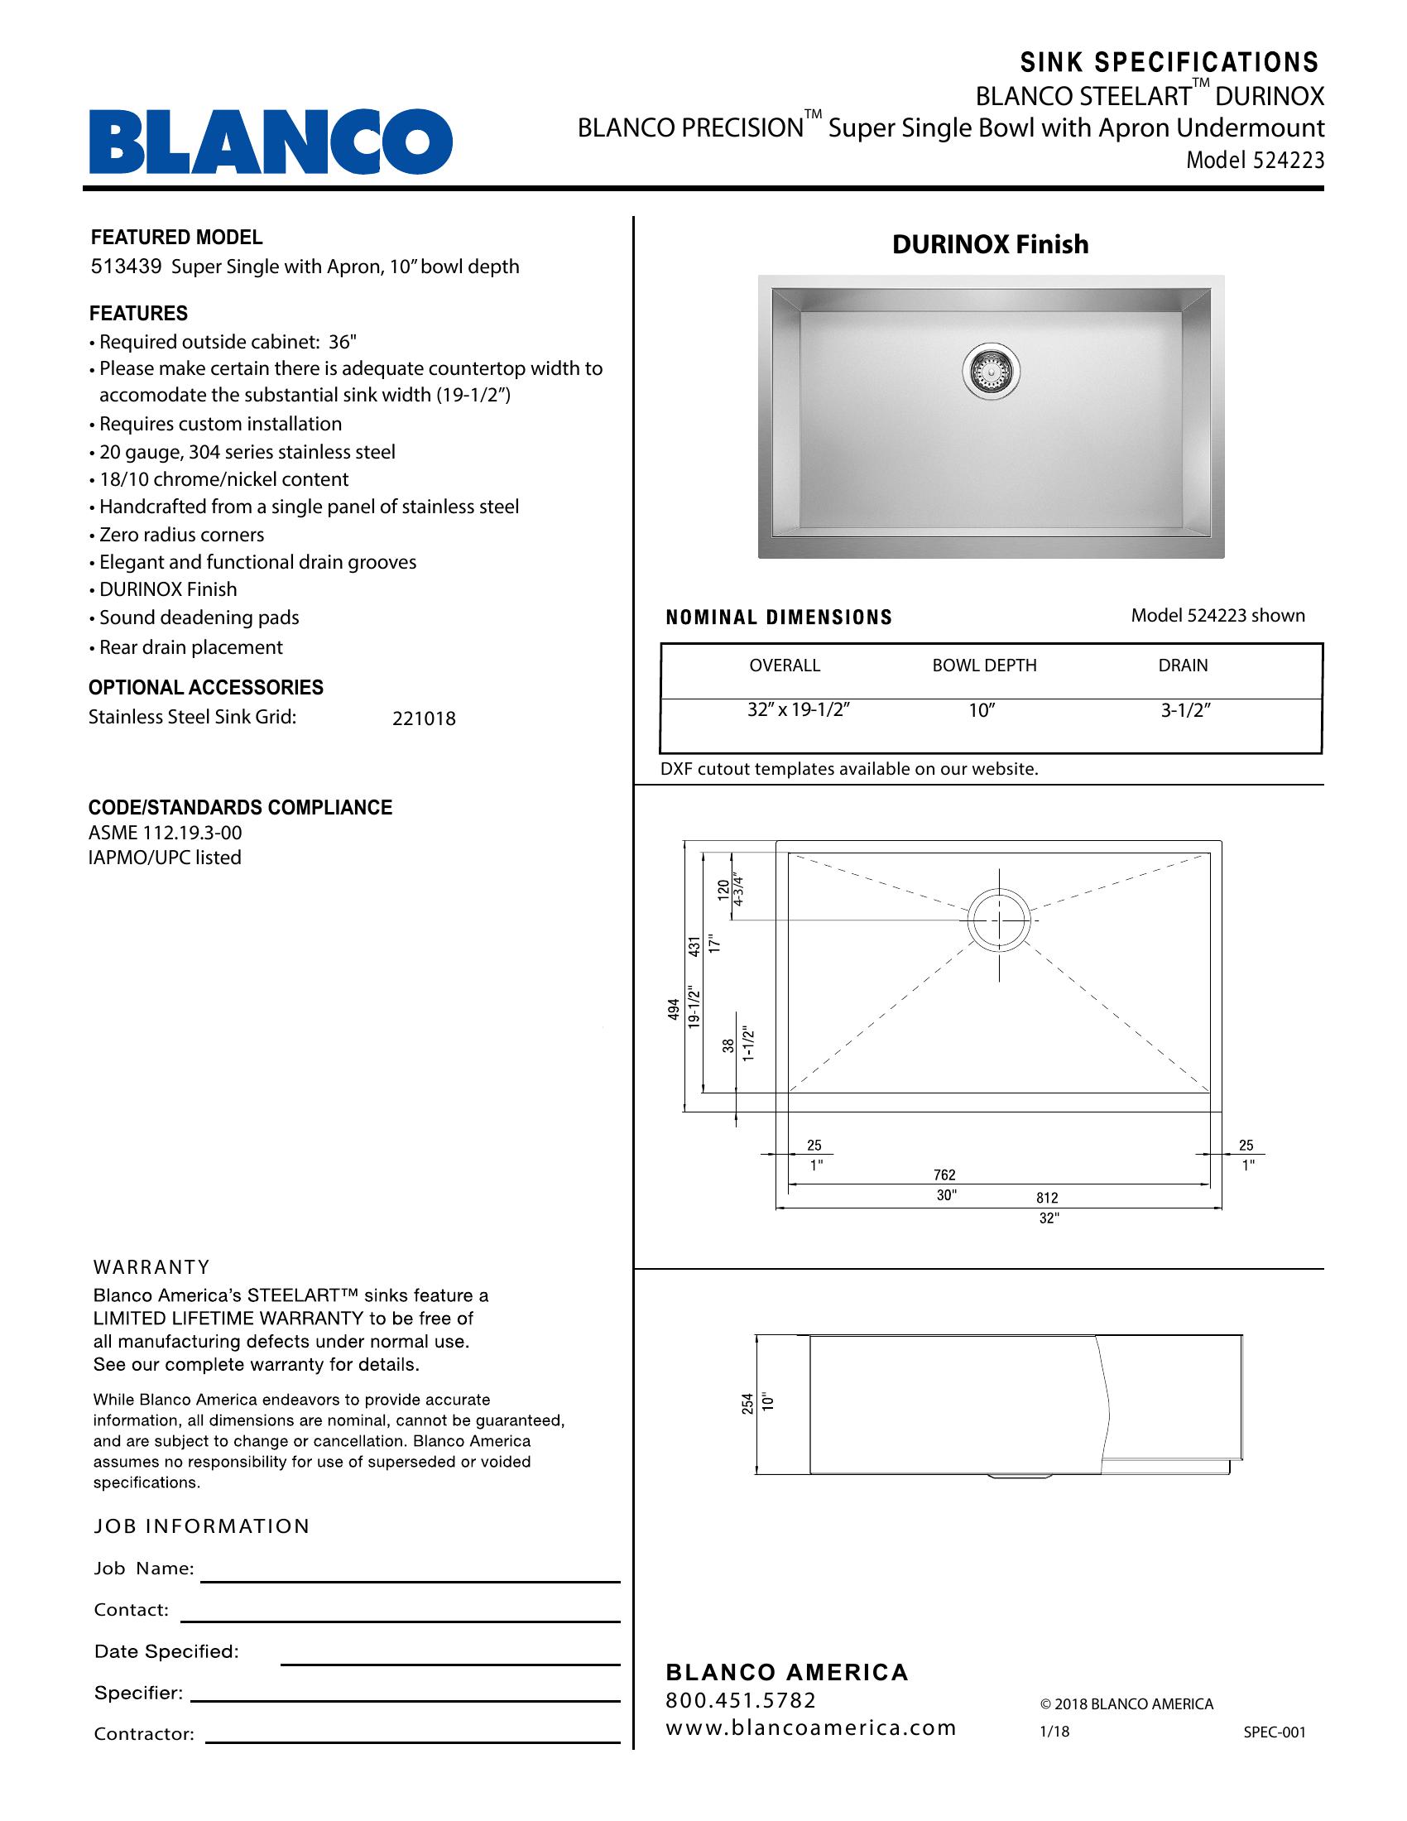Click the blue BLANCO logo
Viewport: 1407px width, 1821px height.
[271, 141]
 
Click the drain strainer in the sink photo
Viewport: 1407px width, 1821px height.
[990, 372]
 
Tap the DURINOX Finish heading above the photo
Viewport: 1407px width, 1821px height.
[990, 244]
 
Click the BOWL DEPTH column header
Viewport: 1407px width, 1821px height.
[984, 665]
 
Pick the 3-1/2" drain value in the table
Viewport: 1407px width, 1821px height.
[1185, 710]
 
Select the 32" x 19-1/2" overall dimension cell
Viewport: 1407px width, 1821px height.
[798, 710]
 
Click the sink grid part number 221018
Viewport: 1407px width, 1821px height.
[424, 718]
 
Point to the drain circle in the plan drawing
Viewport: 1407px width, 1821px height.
[999, 920]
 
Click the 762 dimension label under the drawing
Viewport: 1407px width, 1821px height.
[944, 1175]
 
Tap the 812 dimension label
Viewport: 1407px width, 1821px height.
[1047, 1199]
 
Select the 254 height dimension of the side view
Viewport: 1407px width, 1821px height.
[747, 1403]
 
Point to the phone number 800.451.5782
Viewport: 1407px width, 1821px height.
[740, 1700]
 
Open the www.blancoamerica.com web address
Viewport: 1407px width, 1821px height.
[810, 1728]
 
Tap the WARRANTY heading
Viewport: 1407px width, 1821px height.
[151, 1267]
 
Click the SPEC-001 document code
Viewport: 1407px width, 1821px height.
[1275, 1732]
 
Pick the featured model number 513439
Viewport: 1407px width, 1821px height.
[125, 267]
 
